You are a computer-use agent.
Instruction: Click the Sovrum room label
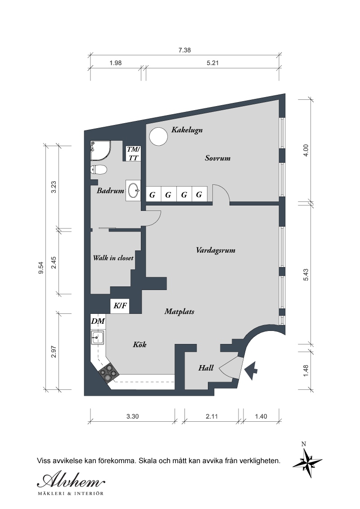point(217,158)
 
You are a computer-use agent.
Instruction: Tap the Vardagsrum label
point(216,250)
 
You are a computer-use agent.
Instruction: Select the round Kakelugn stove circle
point(158,137)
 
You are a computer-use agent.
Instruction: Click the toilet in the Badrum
point(99,170)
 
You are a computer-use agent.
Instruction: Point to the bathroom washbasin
point(133,191)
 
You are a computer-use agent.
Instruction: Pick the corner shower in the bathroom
point(100,151)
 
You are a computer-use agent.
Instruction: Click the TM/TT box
point(134,153)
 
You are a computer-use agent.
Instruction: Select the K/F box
point(120,306)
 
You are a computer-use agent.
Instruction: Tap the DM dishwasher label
point(98,321)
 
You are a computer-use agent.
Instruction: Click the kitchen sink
point(98,338)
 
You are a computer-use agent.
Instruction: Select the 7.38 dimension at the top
point(184,50)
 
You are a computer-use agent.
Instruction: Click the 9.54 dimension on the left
point(40,268)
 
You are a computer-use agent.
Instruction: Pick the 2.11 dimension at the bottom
point(211,416)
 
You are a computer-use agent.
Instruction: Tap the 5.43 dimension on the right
point(306,275)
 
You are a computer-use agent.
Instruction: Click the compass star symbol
point(307,463)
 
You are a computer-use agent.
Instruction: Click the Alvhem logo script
point(71,480)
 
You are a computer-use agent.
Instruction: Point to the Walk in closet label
point(113,258)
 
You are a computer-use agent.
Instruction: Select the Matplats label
point(180,312)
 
